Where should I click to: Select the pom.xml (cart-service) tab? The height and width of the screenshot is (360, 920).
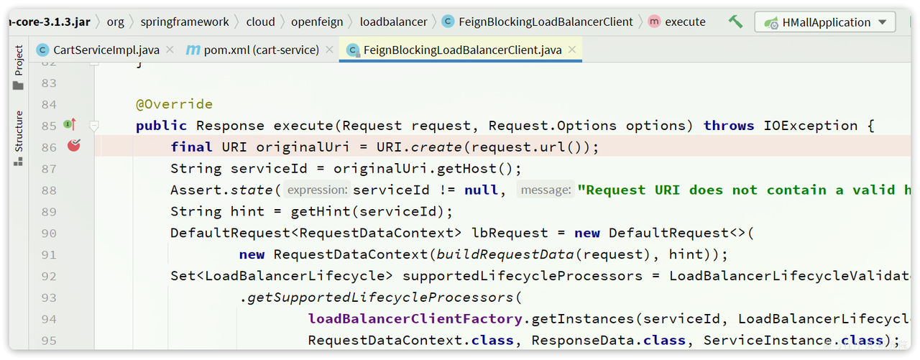(260, 50)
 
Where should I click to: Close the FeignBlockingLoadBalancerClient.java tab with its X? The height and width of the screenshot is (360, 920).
(572, 50)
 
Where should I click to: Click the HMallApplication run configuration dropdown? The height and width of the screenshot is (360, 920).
(826, 22)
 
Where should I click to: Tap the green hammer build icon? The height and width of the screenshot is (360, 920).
(735, 22)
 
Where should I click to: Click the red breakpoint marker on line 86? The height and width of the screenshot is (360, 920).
(73, 146)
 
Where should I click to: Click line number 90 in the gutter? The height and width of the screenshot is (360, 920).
(49, 233)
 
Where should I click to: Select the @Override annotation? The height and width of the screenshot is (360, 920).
(174, 104)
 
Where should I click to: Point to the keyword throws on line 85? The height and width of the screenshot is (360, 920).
(729, 126)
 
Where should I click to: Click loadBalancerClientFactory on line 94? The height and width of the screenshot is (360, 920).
(415, 318)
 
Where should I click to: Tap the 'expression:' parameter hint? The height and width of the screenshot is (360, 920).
(317, 190)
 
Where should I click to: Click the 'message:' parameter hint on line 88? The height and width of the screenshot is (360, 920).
(545, 190)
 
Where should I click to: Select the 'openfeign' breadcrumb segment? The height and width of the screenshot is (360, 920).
(317, 22)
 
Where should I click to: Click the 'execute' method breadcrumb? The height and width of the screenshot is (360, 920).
(685, 22)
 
